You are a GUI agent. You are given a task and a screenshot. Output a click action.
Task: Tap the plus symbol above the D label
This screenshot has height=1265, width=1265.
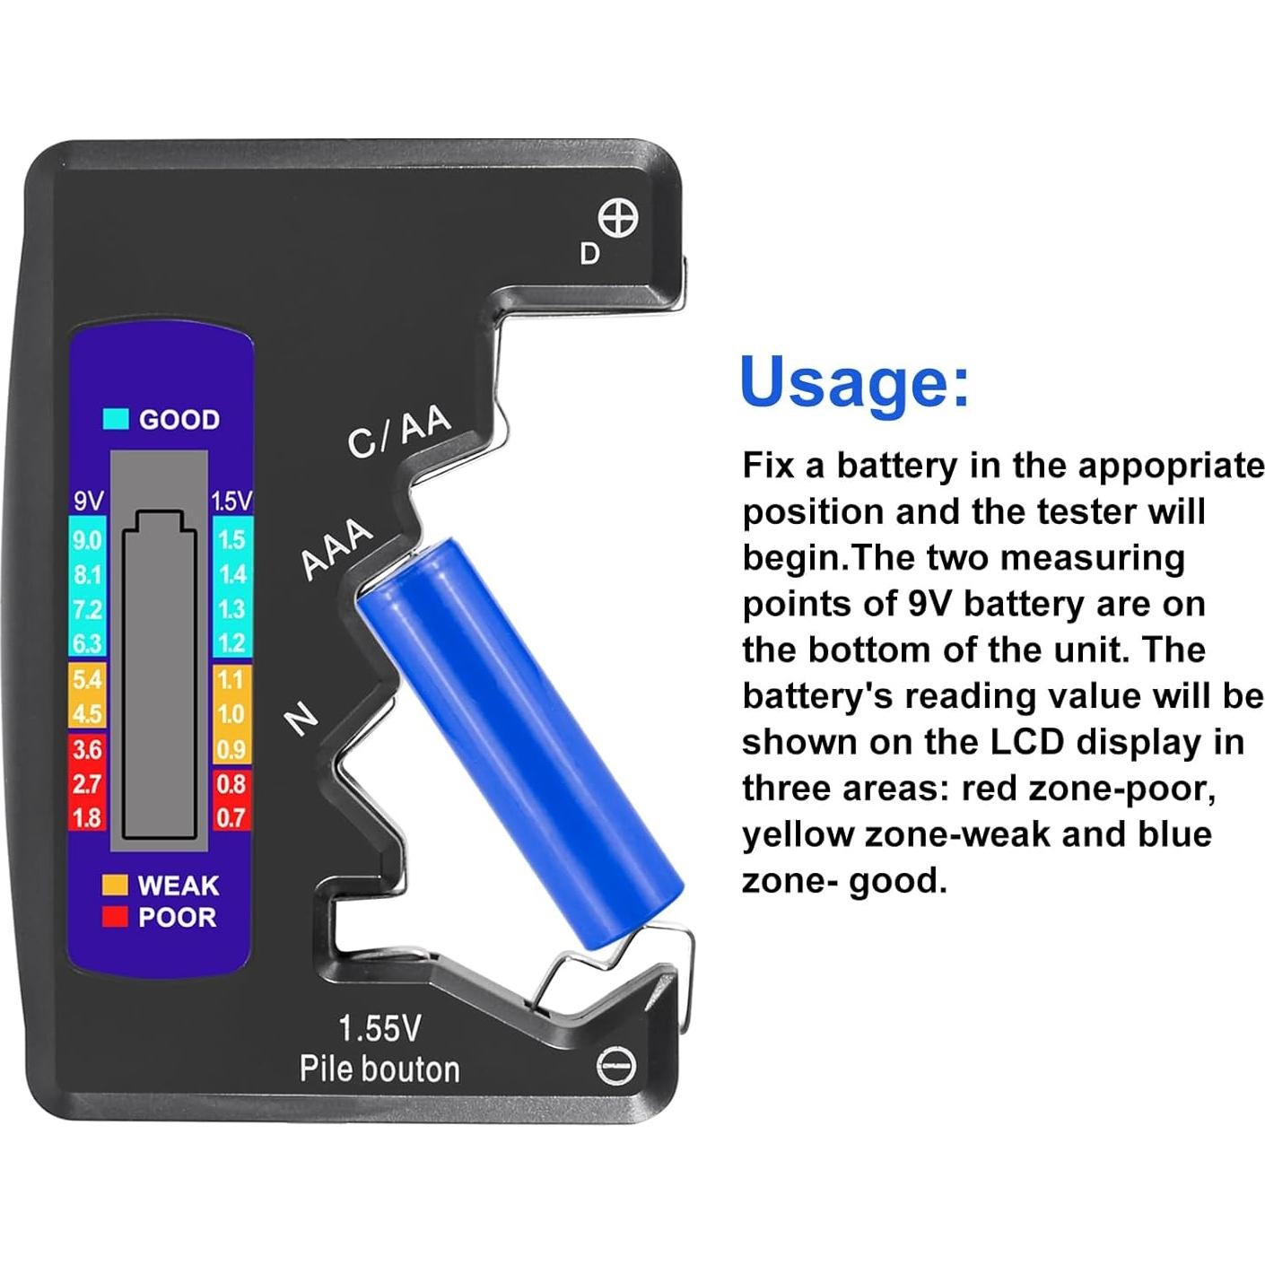tap(618, 219)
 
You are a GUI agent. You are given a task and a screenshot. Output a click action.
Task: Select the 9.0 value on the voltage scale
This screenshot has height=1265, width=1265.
tap(87, 540)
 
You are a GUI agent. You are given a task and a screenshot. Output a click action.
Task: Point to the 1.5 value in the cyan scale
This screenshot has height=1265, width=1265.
tap(231, 540)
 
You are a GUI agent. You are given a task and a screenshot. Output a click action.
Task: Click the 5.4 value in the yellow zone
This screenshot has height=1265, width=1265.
tap(87, 679)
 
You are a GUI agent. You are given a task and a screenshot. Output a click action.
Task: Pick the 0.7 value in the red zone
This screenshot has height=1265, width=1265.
tap(231, 817)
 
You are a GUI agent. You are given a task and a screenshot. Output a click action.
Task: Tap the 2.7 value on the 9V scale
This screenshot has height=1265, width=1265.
tap(87, 784)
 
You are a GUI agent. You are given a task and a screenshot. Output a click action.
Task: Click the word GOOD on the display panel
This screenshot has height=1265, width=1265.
tap(179, 420)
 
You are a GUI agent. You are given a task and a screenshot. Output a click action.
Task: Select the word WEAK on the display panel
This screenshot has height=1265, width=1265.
tap(179, 885)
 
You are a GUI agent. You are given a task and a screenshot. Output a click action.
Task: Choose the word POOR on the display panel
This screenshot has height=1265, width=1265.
tap(178, 918)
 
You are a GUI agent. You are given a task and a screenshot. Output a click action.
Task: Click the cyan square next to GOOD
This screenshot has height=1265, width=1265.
tap(117, 419)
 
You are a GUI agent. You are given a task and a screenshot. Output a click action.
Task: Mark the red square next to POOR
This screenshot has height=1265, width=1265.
tap(115, 917)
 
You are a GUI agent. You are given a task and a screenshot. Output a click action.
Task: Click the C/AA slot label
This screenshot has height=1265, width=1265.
tap(398, 432)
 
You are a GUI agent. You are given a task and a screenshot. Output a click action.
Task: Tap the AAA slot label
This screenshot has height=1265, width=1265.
tap(336, 548)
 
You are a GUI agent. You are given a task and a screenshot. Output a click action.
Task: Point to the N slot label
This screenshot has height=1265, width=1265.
tap(301, 719)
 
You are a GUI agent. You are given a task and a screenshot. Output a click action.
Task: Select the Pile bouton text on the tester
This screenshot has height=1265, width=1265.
tap(379, 1069)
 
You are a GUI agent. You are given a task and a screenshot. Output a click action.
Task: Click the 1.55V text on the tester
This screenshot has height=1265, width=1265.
tap(379, 1028)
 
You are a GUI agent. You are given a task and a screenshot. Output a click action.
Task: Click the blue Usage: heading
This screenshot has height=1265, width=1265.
tap(854, 382)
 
